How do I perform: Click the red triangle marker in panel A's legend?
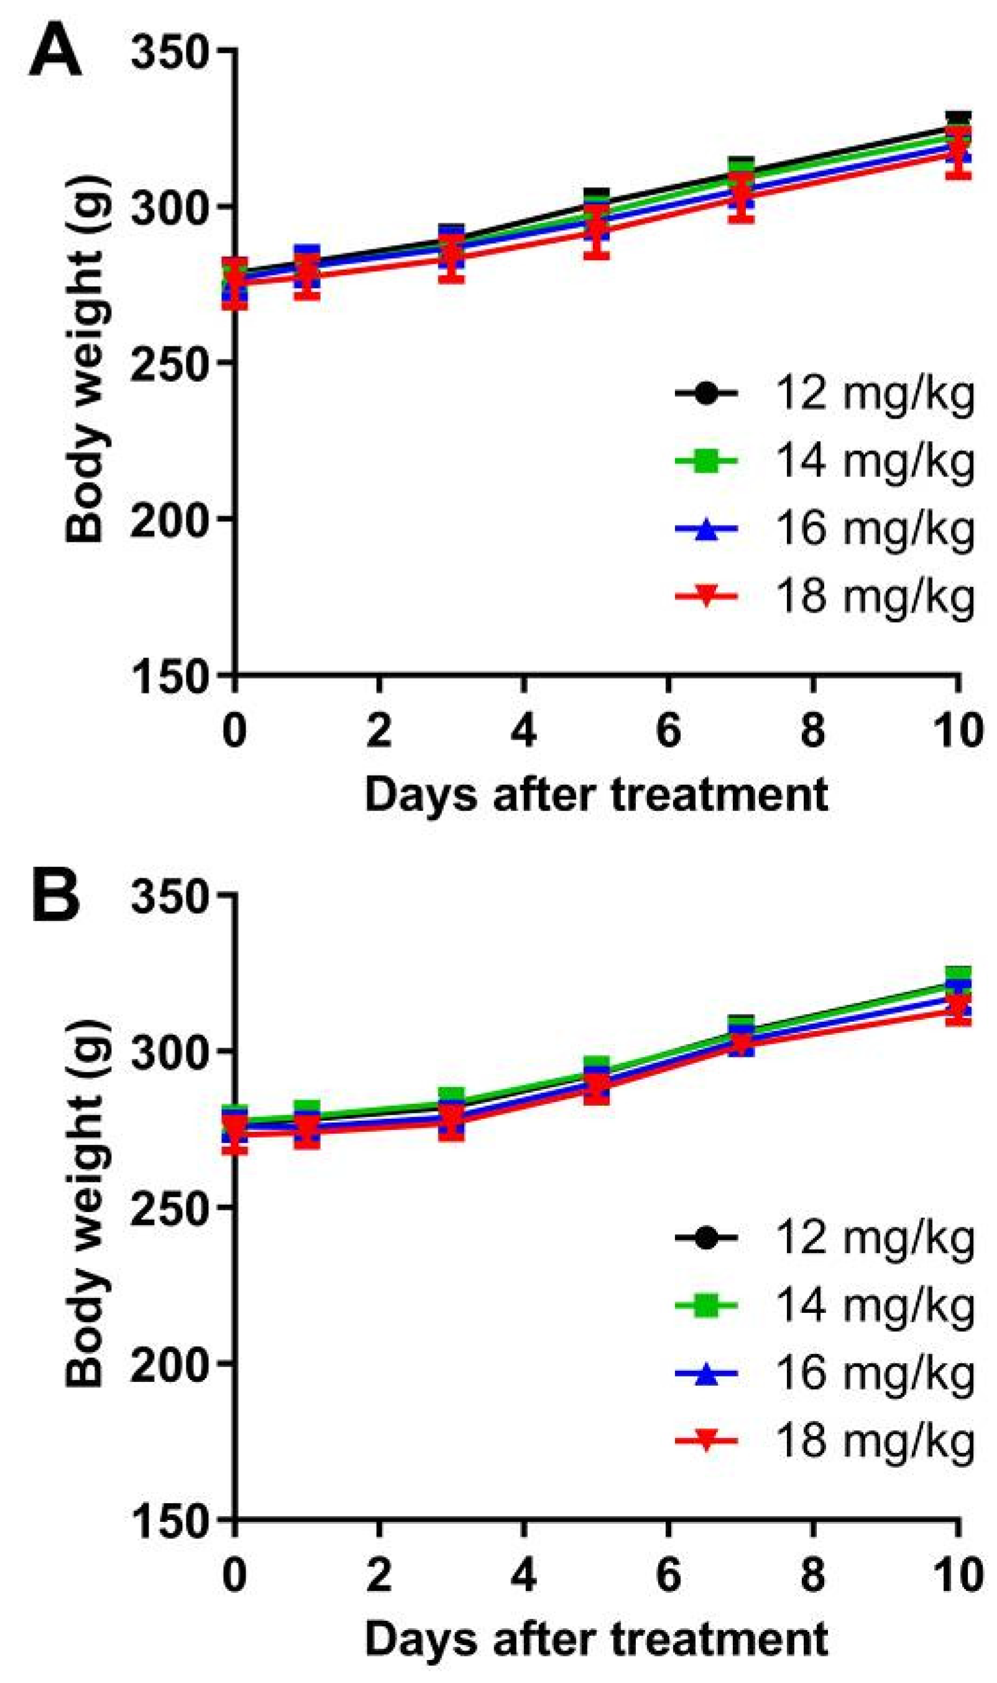coord(705,596)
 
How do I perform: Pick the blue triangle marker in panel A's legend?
coord(705,529)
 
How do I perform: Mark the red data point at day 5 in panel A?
coord(596,232)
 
